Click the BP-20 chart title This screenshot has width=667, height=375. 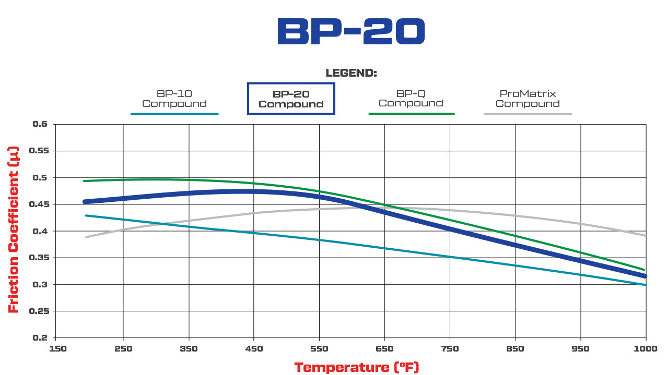[350, 32]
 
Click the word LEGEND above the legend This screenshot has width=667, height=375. [351, 73]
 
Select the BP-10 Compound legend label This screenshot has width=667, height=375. [174, 99]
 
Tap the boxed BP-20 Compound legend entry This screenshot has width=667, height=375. [291, 99]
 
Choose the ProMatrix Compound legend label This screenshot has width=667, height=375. [528, 99]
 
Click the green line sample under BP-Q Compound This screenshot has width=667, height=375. [412, 113]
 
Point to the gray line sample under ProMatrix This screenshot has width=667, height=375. [528, 114]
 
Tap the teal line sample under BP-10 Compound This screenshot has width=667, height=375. [174, 114]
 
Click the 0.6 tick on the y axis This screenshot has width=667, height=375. [40, 124]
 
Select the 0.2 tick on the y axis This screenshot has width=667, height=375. [40, 338]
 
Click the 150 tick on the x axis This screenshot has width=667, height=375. [57, 348]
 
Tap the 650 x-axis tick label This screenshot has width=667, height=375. [384, 348]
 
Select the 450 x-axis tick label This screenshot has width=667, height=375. [254, 348]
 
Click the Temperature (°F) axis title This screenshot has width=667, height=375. [357, 367]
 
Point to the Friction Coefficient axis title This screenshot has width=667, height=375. [14, 229]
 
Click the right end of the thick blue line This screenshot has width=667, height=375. [645, 276]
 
